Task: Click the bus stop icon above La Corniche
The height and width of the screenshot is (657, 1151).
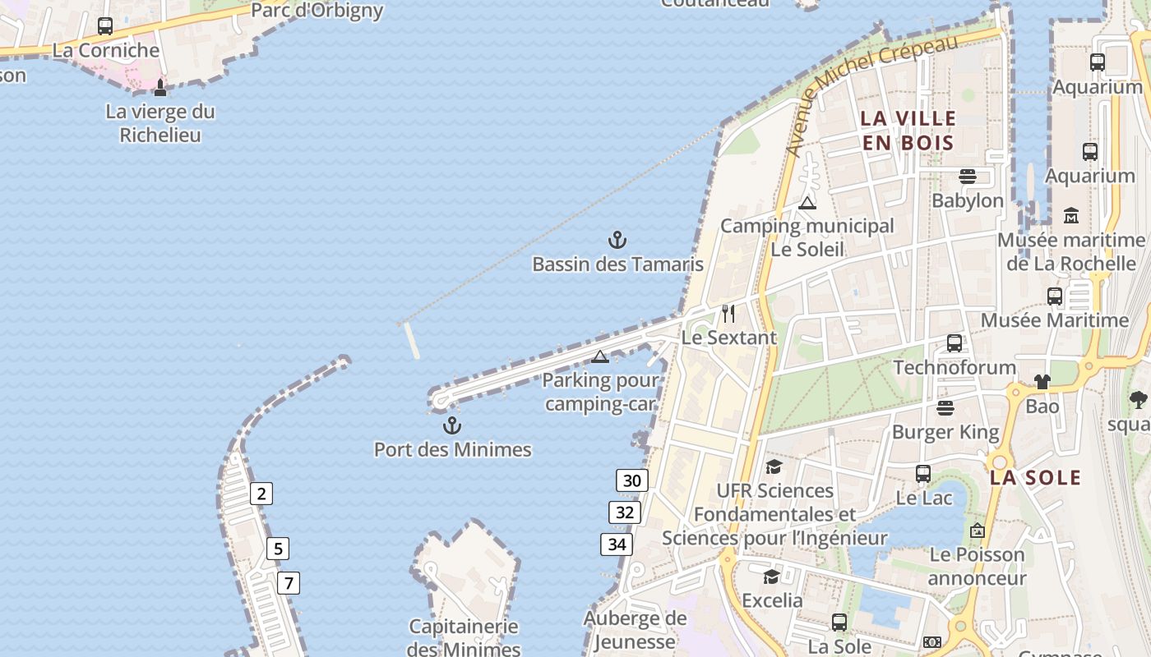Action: click(105, 26)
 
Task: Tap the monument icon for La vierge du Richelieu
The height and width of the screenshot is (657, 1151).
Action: click(160, 87)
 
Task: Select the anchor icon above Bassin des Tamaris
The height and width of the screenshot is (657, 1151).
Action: click(617, 240)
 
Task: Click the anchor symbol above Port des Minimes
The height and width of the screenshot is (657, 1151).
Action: click(451, 425)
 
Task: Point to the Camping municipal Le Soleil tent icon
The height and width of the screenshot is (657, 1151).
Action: click(807, 203)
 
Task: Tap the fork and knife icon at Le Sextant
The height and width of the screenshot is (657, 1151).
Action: click(728, 314)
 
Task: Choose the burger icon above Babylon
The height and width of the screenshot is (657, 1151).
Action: click(967, 177)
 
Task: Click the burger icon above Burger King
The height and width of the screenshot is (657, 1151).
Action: click(945, 408)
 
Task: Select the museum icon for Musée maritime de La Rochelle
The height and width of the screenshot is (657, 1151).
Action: click(1070, 216)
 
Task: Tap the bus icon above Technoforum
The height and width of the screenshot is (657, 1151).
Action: click(954, 343)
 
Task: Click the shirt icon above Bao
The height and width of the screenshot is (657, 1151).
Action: click(1042, 382)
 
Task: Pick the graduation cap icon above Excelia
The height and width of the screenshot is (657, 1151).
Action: click(771, 577)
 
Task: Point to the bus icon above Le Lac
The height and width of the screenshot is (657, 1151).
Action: click(923, 474)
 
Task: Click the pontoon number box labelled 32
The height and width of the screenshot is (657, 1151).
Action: click(625, 513)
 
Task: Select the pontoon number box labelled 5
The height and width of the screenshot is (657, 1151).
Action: click(278, 549)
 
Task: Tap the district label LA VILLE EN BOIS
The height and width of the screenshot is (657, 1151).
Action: click(908, 131)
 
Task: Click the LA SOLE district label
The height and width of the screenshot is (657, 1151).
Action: click(1035, 478)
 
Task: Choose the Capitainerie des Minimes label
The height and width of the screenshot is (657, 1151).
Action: click(465, 638)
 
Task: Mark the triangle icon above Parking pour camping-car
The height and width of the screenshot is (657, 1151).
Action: click(600, 356)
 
